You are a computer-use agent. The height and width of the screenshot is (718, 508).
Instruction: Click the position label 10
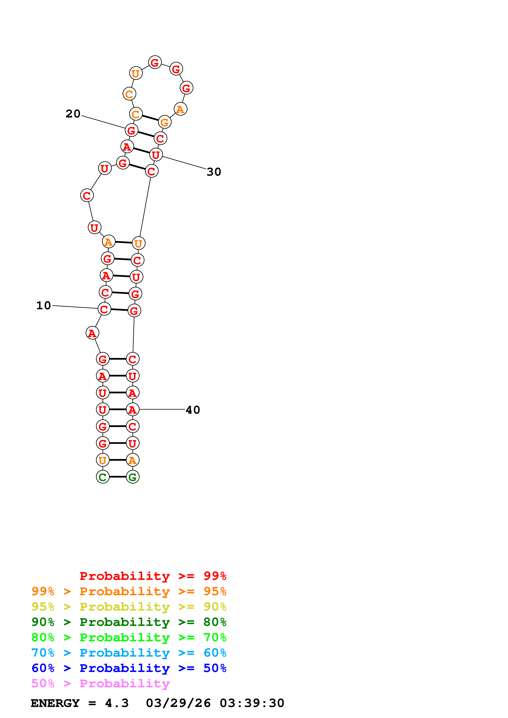[x=43, y=306]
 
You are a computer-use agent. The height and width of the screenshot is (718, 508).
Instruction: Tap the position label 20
[x=73, y=114]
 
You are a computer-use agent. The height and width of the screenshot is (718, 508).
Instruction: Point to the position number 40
[x=193, y=410]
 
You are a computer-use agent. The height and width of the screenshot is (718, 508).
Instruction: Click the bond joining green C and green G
[x=118, y=477]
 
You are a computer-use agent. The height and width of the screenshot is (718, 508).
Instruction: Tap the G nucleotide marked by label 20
[x=132, y=130]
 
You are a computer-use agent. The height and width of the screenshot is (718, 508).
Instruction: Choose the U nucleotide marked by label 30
[x=156, y=155]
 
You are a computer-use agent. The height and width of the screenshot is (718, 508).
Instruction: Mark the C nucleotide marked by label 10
[x=104, y=309]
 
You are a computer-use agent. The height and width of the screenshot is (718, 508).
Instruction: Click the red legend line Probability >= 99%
[x=153, y=576]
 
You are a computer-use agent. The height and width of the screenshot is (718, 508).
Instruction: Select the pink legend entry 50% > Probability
[x=100, y=684]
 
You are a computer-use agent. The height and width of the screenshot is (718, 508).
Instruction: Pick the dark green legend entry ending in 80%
[x=129, y=622]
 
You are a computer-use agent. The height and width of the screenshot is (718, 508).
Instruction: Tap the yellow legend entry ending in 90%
[x=129, y=607]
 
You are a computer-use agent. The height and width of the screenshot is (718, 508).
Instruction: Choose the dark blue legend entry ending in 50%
[x=129, y=668]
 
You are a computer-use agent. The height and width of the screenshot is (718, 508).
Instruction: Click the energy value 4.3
[x=117, y=703]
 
